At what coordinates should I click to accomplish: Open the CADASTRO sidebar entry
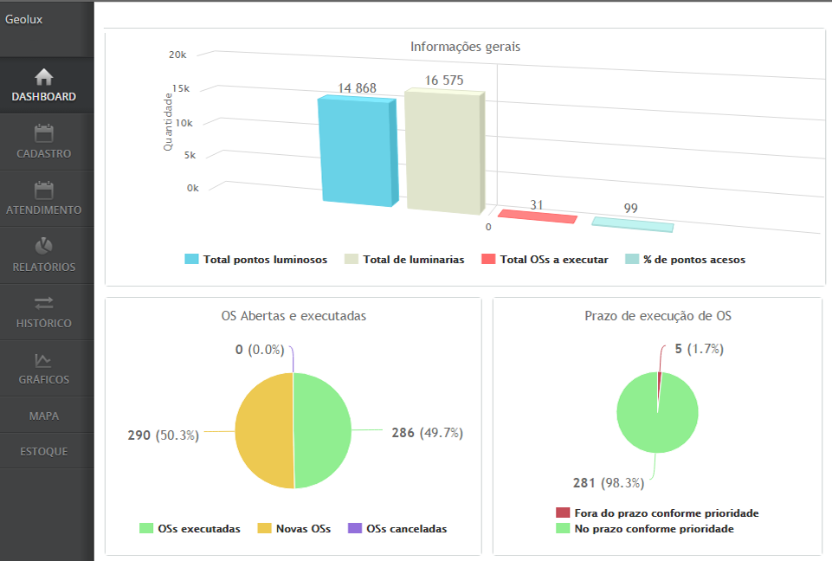coord(44,142)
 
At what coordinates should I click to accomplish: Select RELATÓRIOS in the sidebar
coord(44,255)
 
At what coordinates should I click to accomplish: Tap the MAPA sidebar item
coord(44,416)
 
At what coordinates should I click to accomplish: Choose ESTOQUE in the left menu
coord(44,451)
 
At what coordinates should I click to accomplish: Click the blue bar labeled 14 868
coord(355,151)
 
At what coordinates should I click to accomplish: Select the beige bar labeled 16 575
coord(442,151)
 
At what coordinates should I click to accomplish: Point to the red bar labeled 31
coord(538,216)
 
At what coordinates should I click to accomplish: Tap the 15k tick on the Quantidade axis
coord(180,88)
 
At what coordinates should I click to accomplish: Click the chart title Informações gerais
coord(465,46)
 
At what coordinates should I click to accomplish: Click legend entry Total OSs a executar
coord(545,260)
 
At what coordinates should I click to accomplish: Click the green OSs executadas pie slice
coord(323,430)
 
